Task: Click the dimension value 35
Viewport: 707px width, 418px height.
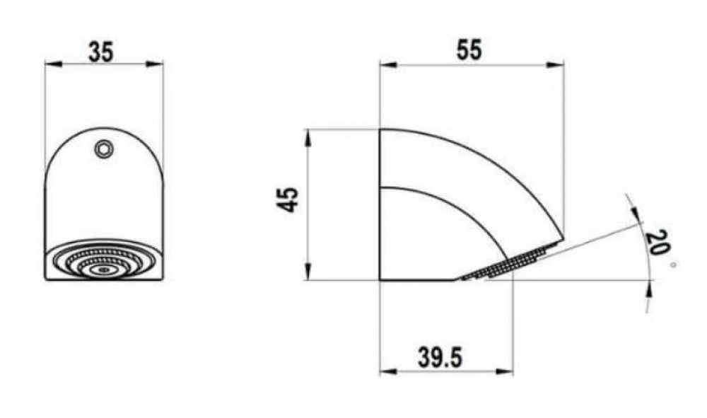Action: (101, 52)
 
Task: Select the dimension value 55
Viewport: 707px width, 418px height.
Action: (469, 50)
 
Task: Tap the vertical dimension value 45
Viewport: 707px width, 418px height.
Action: (287, 199)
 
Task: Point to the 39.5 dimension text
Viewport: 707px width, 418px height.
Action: (440, 358)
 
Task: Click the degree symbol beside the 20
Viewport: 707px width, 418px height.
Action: (673, 265)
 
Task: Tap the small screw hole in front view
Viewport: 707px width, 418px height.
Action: (104, 149)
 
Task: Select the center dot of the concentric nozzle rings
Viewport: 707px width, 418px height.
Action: (104, 269)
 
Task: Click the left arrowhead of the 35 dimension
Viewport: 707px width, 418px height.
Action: (53, 64)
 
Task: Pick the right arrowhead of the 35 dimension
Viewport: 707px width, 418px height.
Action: (155, 64)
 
